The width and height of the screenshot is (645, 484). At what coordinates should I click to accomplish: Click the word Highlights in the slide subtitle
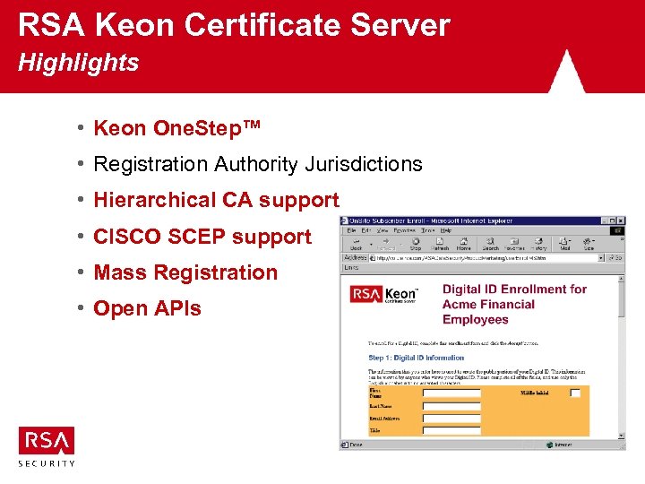[x=79, y=64]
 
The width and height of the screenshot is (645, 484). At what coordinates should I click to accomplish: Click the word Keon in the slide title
[x=142, y=25]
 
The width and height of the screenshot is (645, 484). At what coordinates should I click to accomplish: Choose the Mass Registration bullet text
[x=185, y=272]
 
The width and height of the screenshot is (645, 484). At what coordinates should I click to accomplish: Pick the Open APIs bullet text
[x=147, y=308]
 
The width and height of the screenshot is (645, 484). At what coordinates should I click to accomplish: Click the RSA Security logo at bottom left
[x=47, y=445]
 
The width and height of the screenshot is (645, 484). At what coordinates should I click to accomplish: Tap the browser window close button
[x=620, y=220]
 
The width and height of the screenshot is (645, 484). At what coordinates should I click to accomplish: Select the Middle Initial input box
[x=575, y=393]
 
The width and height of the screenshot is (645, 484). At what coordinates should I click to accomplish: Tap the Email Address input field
[x=451, y=419]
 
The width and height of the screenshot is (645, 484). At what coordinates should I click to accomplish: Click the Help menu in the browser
[x=446, y=230]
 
